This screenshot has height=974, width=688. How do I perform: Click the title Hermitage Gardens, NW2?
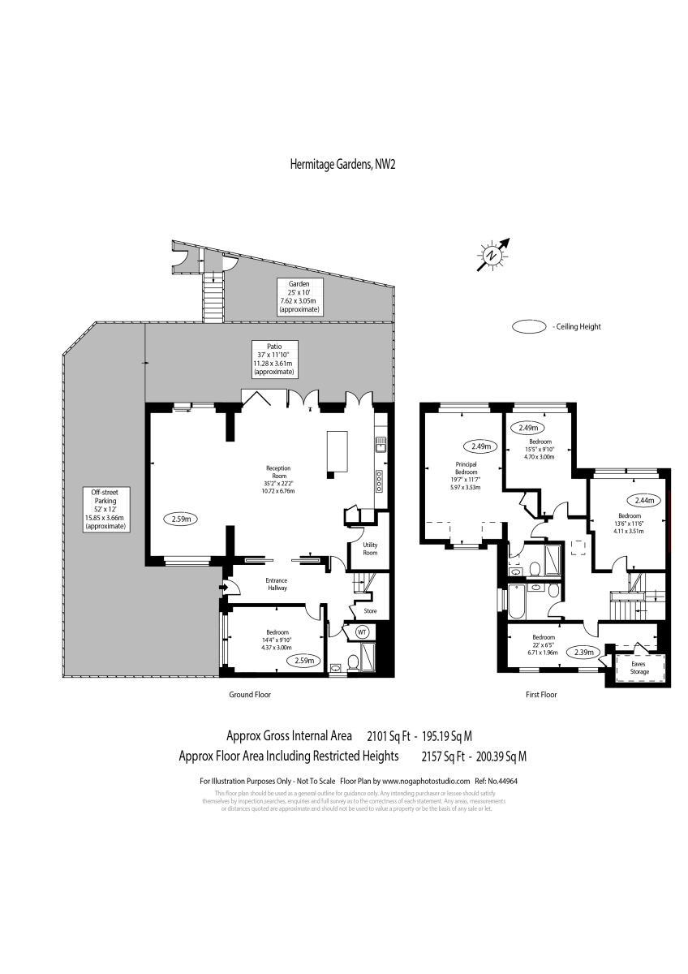(x=342, y=164)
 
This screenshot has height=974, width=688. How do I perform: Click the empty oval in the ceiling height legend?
(x=529, y=327)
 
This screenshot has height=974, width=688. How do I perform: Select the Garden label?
(x=299, y=297)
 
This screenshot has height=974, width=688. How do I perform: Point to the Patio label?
(x=273, y=360)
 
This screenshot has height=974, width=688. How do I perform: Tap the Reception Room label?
(x=277, y=479)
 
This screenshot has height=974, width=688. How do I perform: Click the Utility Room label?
(x=370, y=549)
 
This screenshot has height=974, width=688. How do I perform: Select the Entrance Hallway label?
(x=277, y=585)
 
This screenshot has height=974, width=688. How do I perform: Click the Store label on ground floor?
(x=370, y=611)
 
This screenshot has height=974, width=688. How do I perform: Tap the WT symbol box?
(x=362, y=631)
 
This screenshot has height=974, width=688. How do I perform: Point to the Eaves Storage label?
(x=639, y=667)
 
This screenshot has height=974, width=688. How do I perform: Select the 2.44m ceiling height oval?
(x=630, y=500)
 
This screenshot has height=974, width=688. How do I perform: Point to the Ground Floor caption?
(x=250, y=695)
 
